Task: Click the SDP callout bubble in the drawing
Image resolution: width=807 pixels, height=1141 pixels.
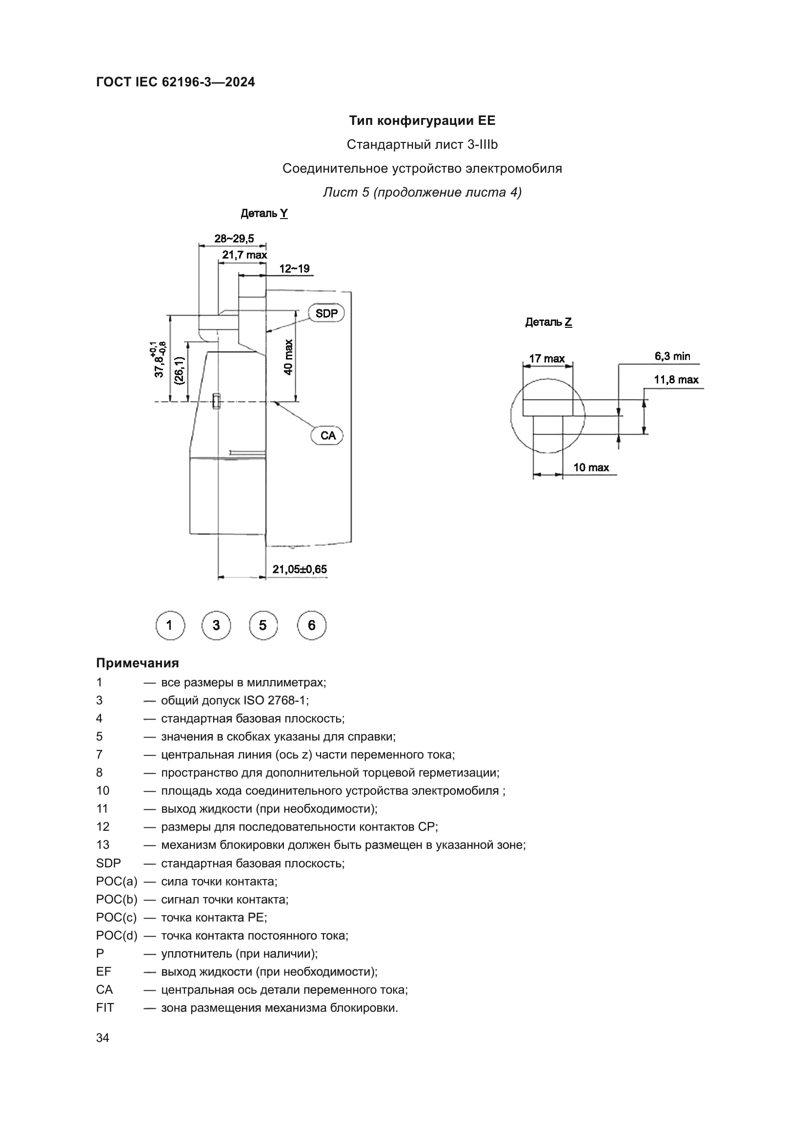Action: (x=326, y=314)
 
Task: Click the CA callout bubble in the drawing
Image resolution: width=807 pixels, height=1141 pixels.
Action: (x=328, y=436)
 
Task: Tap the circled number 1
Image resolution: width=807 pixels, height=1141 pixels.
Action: (x=170, y=625)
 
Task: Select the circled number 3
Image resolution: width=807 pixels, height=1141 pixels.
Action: (x=216, y=625)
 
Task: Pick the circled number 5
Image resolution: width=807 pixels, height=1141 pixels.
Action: (x=263, y=625)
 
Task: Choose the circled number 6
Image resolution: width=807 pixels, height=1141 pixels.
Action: (x=312, y=625)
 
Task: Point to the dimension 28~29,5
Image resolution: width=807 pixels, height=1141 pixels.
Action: (x=234, y=239)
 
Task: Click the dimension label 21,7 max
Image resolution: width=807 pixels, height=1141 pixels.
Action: (x=244, y=255)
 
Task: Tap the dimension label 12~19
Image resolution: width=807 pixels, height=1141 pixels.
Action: (x=294, y=269)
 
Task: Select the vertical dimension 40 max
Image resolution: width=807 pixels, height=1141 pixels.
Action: (x=289, y=357)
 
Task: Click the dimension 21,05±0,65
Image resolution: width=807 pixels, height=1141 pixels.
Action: (x=300, y=569)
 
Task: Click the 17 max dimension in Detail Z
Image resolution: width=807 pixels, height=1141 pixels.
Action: (x=546, y=359)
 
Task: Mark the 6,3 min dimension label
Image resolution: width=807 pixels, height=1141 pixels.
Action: (x=672, y=356)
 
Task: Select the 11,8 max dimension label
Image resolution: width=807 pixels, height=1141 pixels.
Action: (x=676, y=380)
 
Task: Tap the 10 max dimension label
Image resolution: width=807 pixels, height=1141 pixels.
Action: (x=591, y=468)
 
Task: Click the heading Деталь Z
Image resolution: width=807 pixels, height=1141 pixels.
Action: (x=548, y=322)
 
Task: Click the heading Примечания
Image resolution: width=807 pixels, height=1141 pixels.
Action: (x=138, y=663)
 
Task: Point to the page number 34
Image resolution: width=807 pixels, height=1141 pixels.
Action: (x=103, y=1038)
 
